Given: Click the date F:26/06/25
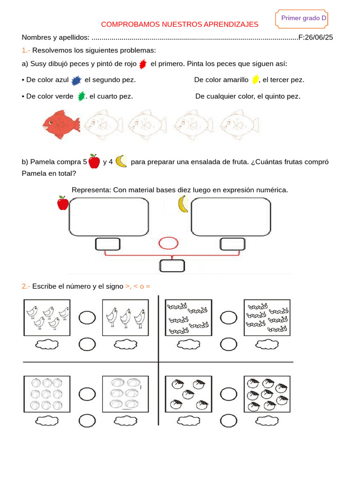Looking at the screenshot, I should click(315, 37).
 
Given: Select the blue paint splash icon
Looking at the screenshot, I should click(76, 81).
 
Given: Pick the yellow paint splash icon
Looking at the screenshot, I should click(255, 79).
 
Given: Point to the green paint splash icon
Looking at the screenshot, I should click(82, 96).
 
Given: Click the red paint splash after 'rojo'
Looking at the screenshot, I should click(143, 64).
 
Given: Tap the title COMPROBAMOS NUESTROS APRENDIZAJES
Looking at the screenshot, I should click(180, 24).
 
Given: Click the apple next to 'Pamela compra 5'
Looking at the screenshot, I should click(94, 161).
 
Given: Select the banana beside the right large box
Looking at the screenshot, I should click(183, 204).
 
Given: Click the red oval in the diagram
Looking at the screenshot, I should click(168, 243).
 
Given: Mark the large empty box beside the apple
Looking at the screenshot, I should click(109, 216).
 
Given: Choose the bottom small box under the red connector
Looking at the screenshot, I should click(172, 266).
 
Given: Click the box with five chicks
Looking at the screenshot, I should click(47, 318).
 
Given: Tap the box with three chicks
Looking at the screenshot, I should click(125, 318).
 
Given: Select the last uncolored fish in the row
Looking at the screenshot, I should click(240, 125).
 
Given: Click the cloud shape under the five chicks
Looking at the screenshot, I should click(47, 345).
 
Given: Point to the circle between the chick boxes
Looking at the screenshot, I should click(87, 318).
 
